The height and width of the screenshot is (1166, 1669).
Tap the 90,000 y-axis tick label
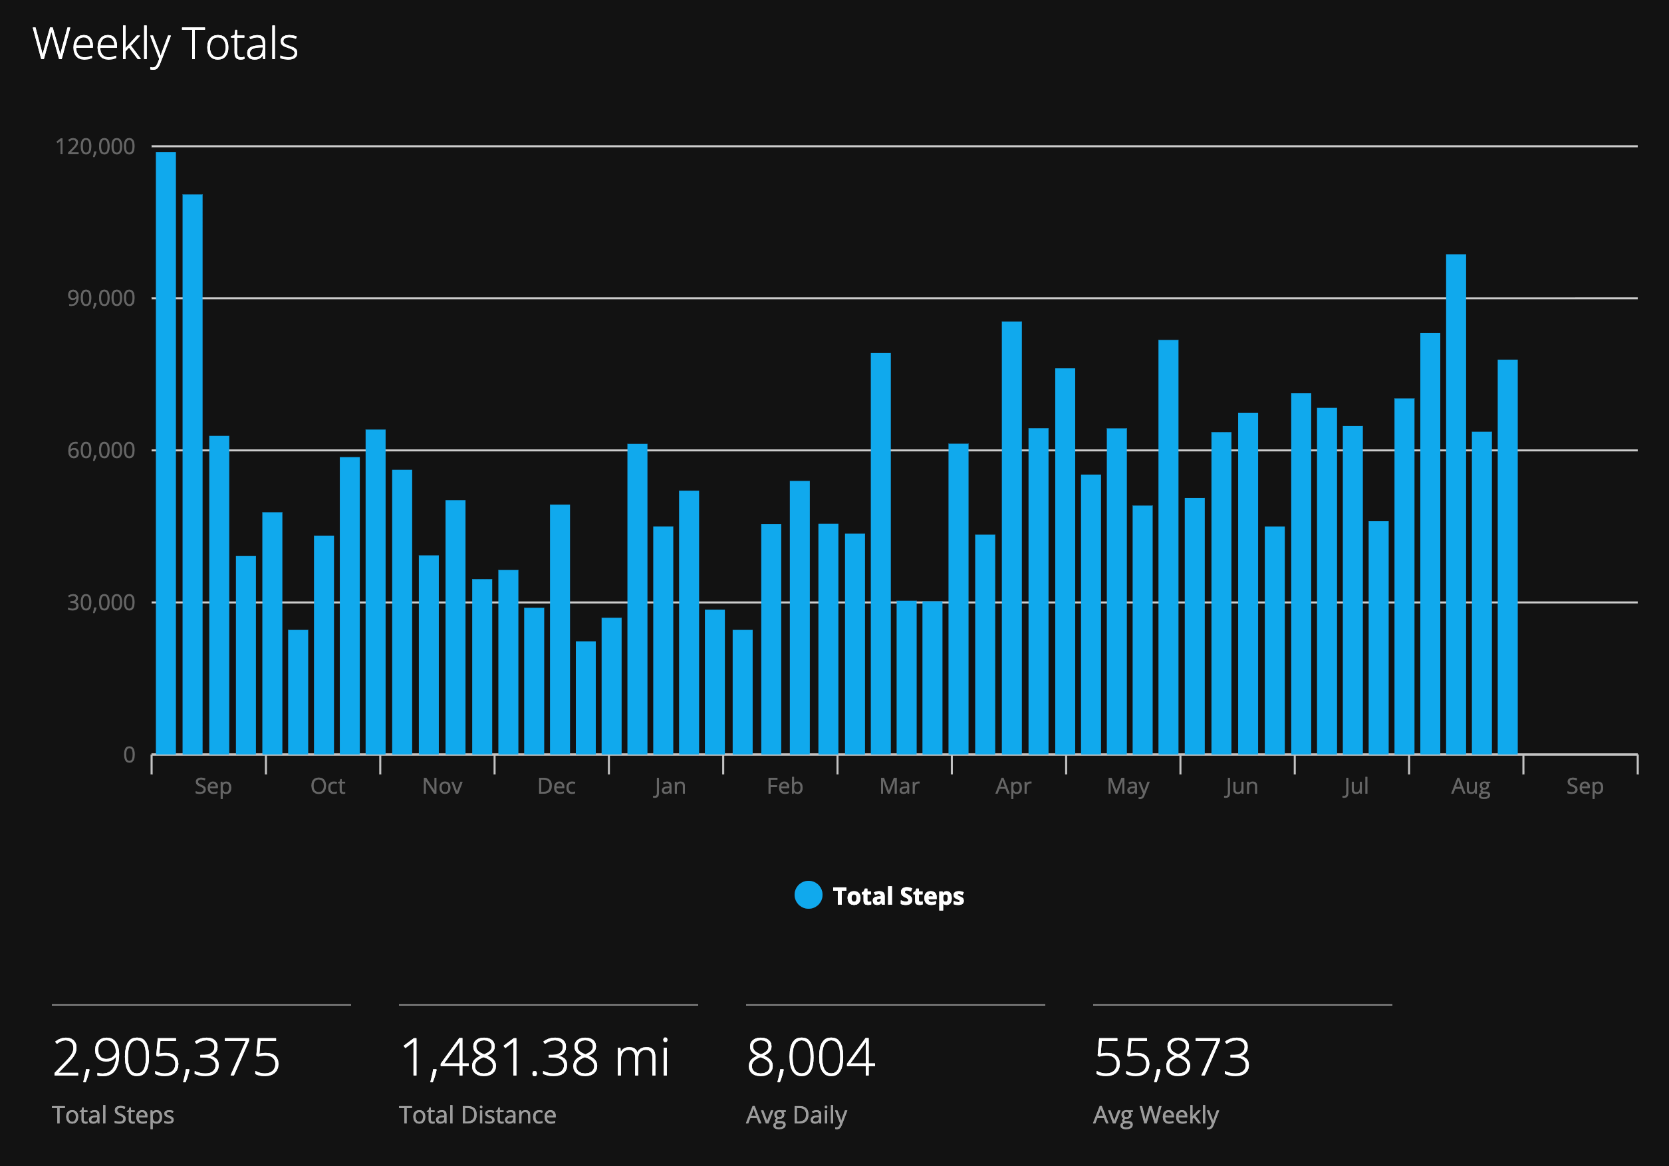point(101,298)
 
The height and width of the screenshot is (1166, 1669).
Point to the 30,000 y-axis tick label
point(101,603)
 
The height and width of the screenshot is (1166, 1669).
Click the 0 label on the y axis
point(130,755)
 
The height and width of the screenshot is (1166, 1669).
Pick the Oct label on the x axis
point(328,786)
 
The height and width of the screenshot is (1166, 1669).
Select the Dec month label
point(556,786)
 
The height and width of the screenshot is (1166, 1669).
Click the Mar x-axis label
point(899,786)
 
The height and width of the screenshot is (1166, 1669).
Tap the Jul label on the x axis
point(1356,786)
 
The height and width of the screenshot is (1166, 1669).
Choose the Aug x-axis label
point(1471,787)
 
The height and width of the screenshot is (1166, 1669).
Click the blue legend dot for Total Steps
point(809,895)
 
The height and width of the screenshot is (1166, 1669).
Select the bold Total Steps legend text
point(898,897)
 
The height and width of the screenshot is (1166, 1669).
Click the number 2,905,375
point(166,1058)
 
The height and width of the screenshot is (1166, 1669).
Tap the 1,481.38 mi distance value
point(535,1058)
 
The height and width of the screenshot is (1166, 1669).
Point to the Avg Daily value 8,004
point(811,1058)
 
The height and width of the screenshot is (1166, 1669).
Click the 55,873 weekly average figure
point(1172,1058)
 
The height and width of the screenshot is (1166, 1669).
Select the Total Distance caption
point(477,1115)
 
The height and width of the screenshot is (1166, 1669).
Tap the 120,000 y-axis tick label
point(95,146)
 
